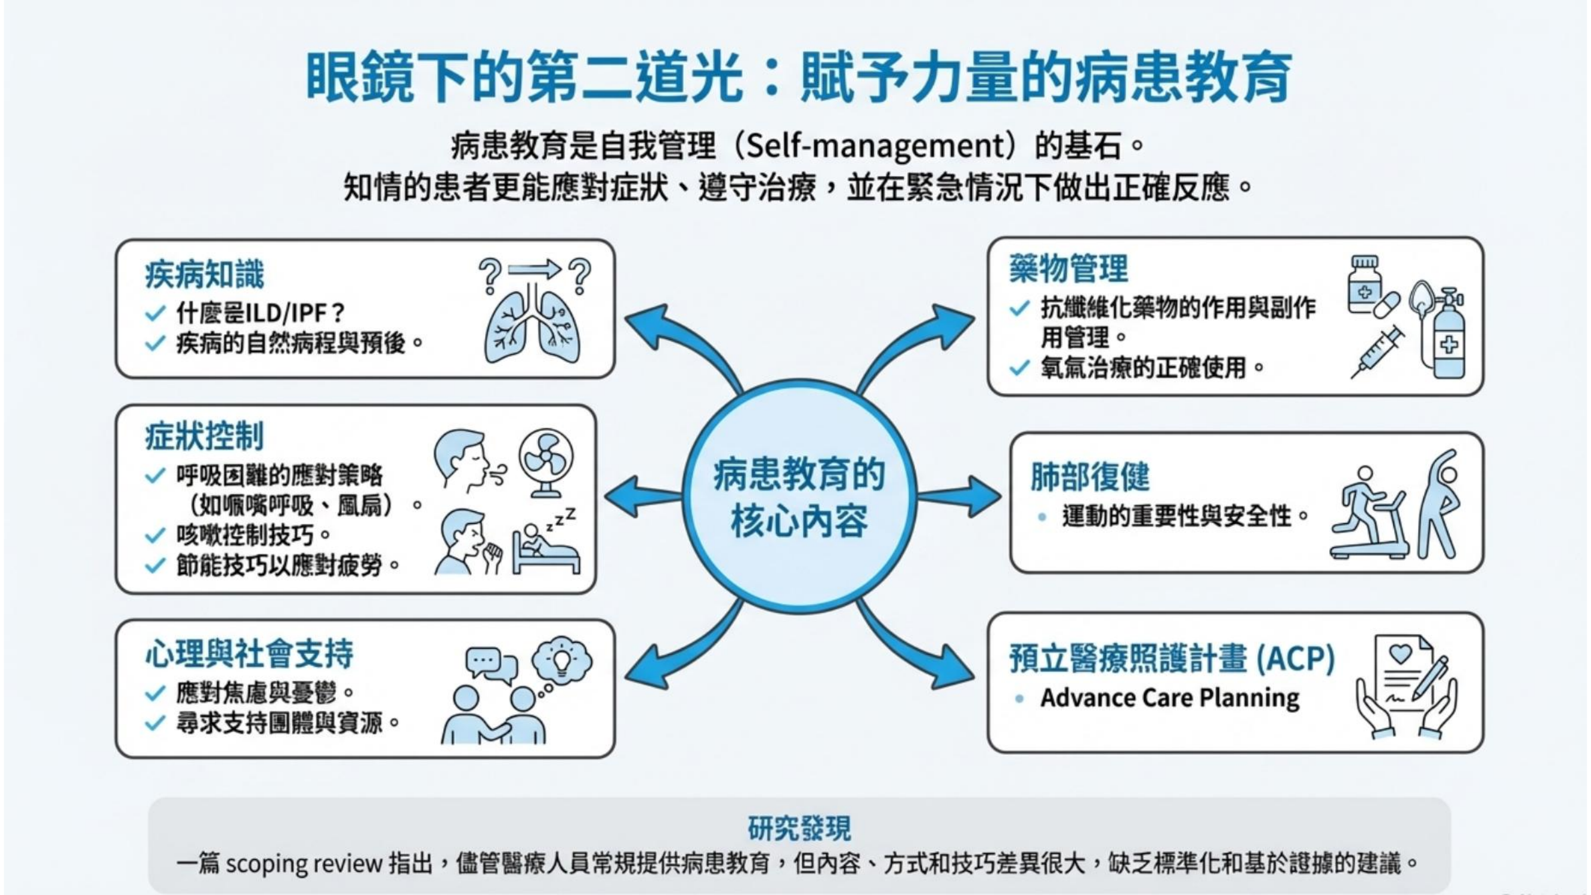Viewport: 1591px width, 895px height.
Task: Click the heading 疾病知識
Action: tap(204, 275)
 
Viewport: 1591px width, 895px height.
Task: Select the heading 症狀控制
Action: tap(204, 436)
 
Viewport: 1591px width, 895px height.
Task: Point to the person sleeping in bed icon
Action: tap(545, 544)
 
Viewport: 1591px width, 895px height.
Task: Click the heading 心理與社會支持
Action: tap(249, 654)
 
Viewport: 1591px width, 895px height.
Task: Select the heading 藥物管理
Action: tap(1068, 268)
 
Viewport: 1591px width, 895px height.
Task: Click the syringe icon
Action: tap(1377, 352)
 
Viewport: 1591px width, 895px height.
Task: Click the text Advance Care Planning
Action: tap(1170, 698)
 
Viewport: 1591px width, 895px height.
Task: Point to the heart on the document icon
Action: tap(1400, 654)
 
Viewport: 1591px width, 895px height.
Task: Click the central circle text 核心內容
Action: tap(799, 522)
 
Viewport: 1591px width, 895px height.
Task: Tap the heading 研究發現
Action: tap(799, 828)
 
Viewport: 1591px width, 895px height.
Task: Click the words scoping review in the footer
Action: tap(304, 863)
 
